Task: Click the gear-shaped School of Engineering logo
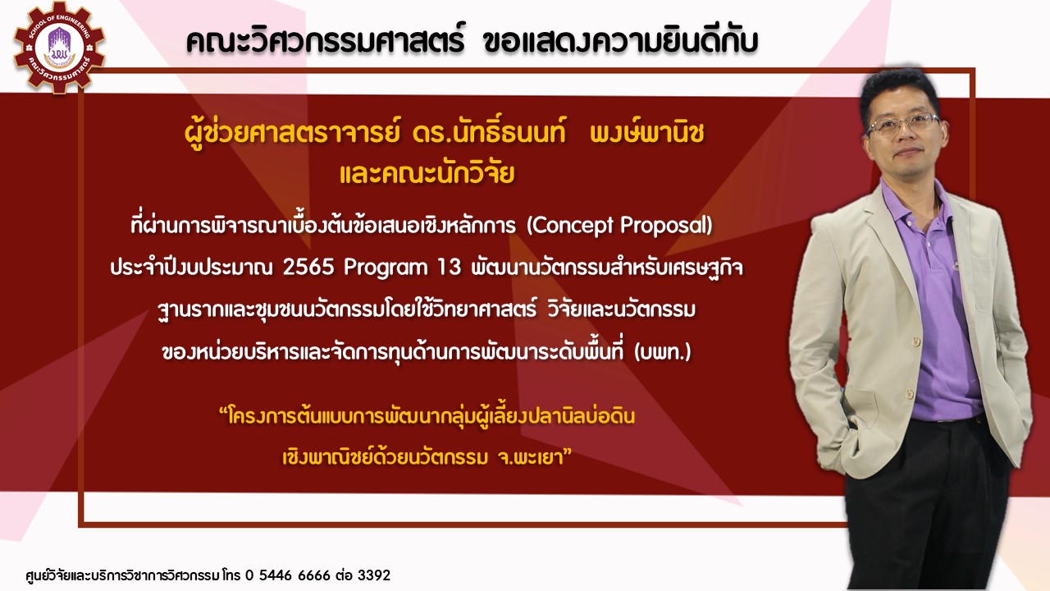60,48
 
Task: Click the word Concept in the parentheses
572,226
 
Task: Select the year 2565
308,268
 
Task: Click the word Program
386,268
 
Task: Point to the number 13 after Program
449,268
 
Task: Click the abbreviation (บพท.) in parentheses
662,352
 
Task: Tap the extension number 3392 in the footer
374,575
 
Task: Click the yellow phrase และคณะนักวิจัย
427,173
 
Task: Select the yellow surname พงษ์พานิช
647,134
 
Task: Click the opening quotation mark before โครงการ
223,412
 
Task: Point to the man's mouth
908,152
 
